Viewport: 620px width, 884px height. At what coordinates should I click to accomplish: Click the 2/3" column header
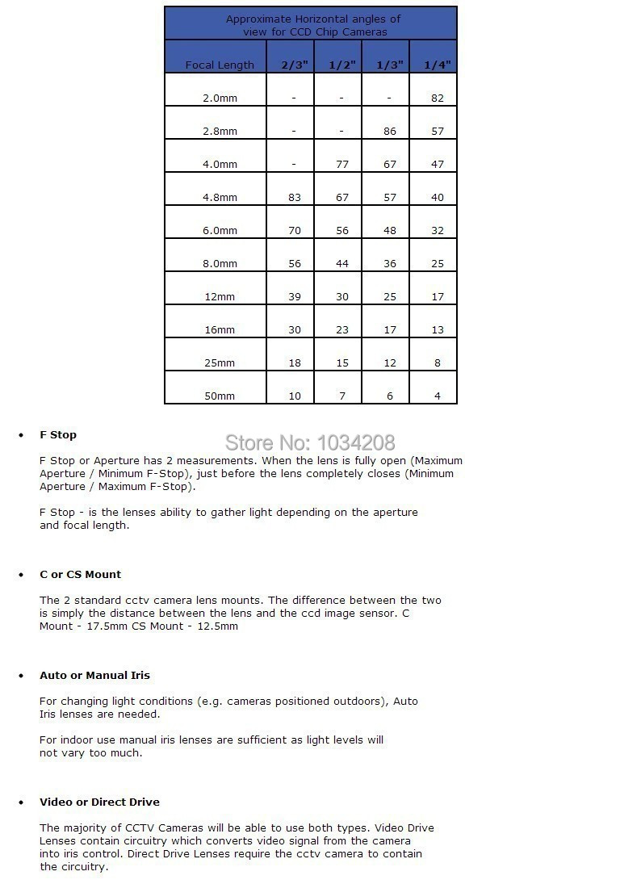pos(295,65)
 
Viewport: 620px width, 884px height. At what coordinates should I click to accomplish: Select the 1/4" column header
pos(438,65)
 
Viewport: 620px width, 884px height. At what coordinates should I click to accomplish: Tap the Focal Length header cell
pos(220,65)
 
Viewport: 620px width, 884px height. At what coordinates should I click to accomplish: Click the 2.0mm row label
pos(220,98)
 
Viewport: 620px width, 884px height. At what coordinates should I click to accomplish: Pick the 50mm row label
pos(220,396)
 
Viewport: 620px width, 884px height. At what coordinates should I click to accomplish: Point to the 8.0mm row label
pos(220,263)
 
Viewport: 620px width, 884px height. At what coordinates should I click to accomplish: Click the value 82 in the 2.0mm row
pos(438,98)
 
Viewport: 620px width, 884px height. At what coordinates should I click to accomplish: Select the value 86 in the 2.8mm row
pos(390,131)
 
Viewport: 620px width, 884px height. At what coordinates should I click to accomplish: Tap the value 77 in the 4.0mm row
pos(342,164)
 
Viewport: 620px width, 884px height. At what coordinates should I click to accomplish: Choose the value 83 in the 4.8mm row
pos(295,197)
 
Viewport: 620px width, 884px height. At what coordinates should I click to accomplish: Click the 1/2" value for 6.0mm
pos(342,230)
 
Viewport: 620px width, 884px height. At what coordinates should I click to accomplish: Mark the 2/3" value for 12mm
pos(295,296)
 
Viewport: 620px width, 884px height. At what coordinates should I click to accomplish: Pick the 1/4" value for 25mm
pos(438,362)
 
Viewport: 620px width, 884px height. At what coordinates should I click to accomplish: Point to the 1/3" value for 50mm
pos(390,396)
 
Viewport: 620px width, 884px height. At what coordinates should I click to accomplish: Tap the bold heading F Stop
pos(58,434)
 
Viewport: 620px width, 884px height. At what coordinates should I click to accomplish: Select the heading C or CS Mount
pos(80,574)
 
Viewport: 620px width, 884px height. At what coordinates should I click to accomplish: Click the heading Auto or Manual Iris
pos(94,675)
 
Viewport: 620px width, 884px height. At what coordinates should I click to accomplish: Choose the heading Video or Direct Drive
pos(99,802)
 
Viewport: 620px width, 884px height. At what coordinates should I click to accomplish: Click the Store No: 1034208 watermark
pos(310,442)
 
